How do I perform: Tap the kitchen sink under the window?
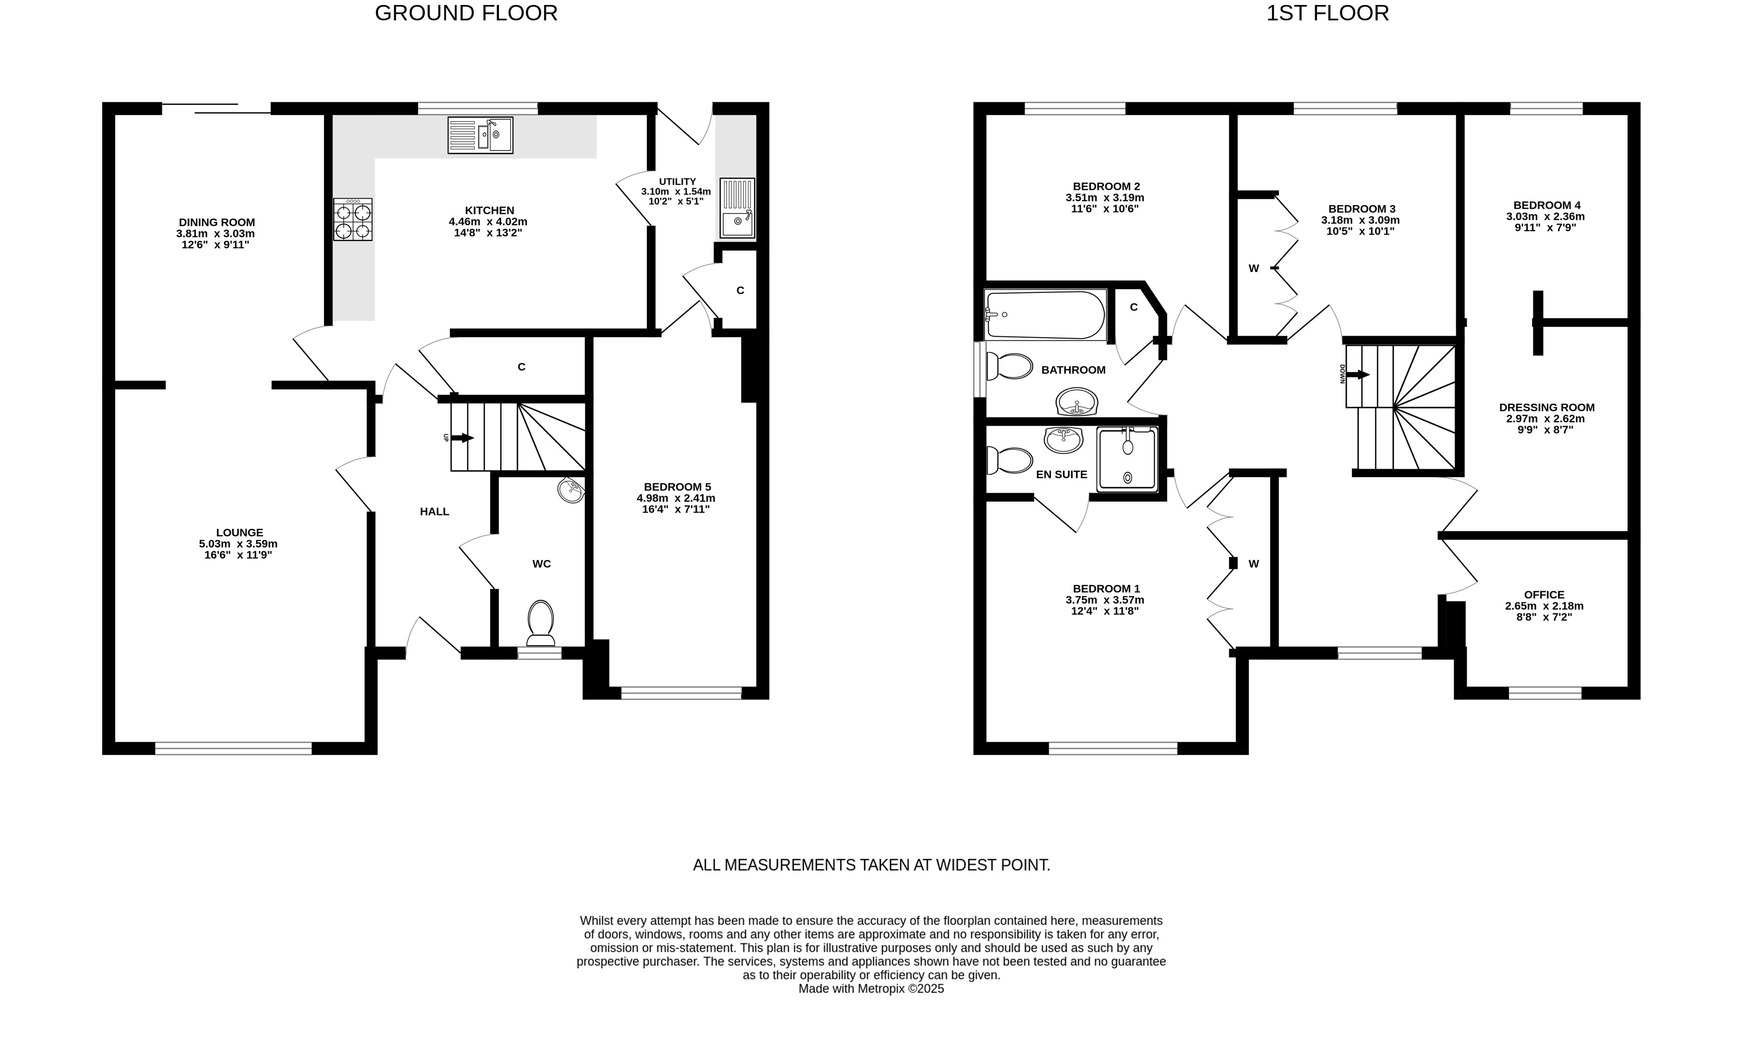coord(480,135)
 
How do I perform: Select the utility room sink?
coord(738,208)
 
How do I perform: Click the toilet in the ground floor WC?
coord(541,623)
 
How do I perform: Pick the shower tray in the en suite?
coord(1127,459)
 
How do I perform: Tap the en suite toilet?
coord(1010,461)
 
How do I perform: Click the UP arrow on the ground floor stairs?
coord(462,438)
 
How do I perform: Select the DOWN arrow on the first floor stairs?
coord(1357,375)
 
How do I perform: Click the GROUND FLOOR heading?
coord(466,13)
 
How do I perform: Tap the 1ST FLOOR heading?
coord(1328,13)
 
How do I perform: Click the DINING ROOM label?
coord(217,222)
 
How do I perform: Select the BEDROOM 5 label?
coord(677,486)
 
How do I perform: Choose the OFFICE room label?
coord(1544,594)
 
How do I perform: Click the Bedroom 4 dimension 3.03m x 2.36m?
coord(1546,217)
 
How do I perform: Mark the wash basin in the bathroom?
coord(1077,402)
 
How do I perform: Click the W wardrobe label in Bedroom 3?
coord(1253,268)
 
